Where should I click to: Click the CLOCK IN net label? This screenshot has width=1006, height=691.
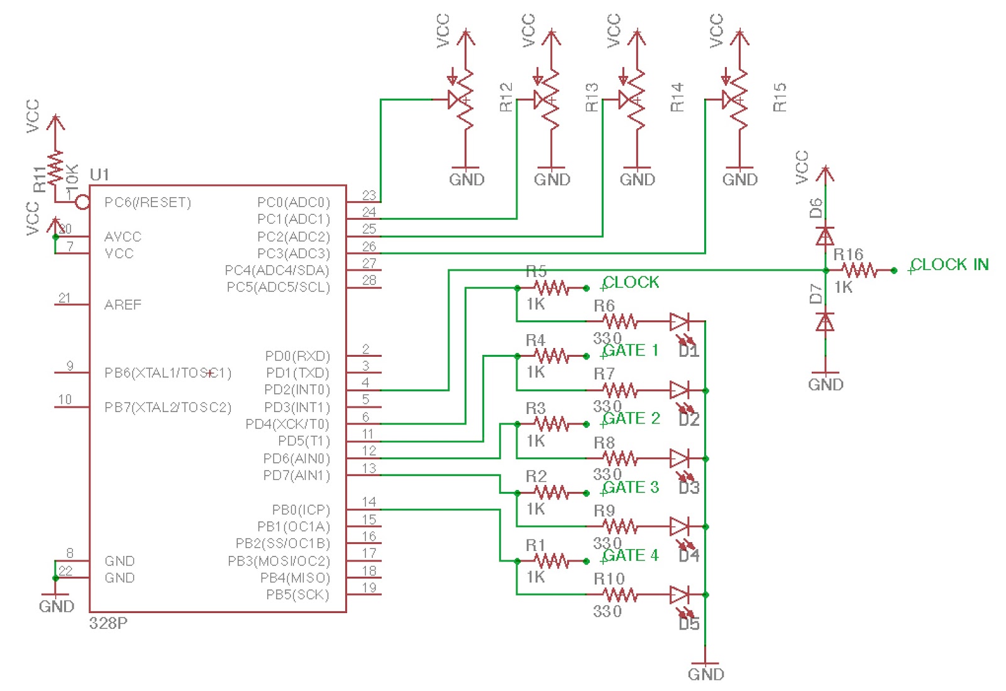pos(949,264)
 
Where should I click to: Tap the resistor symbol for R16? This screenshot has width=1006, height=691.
pos(860,271)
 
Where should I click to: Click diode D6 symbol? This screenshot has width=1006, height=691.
pos(825,236)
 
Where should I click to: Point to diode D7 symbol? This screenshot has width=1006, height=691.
pos(825,322)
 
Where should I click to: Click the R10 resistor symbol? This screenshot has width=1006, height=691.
pos(620,594)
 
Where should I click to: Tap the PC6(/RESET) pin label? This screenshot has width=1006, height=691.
pos(148,202)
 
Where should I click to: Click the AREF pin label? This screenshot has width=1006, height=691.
pos(123,305)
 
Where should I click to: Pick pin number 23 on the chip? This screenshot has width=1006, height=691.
pos(369,195)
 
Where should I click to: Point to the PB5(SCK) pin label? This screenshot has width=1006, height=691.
pos(297,594)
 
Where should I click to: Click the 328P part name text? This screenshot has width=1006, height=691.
pos(108,623)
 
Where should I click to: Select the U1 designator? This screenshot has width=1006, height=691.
pos(99,174)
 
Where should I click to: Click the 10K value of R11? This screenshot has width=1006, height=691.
pos(72,177)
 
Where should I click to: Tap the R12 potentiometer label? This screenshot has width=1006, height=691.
pos(506,97)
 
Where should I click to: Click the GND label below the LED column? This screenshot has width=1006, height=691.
pos(705,674)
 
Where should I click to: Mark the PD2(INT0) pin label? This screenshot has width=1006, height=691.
pos(297,389)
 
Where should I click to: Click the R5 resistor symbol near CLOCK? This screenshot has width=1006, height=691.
pos(551,288)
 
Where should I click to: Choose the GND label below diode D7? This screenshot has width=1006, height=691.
pos(825,384)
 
